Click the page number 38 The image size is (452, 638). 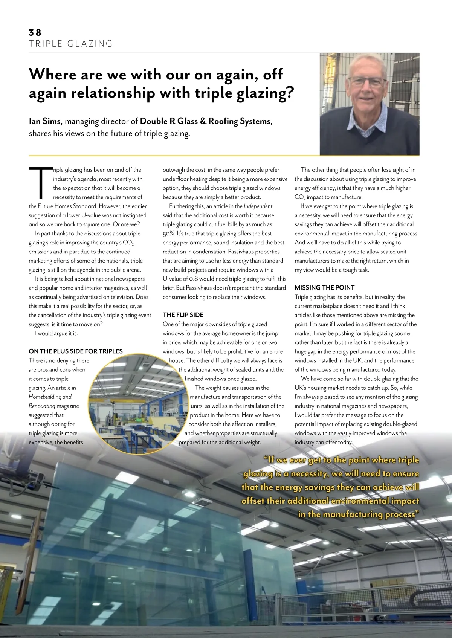click(35, 32)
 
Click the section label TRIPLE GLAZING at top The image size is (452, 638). click(71, 44)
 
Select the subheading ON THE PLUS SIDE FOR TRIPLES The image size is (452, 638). click(76, 351)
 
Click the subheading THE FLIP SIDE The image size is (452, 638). click(183, 315)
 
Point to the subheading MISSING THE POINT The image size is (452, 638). click(325, 287)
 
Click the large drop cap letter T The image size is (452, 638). click(40, 183)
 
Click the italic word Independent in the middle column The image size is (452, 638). click(258, 206)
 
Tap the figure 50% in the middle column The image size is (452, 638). click(169, 234)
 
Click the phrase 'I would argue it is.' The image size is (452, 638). click(56, 333)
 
